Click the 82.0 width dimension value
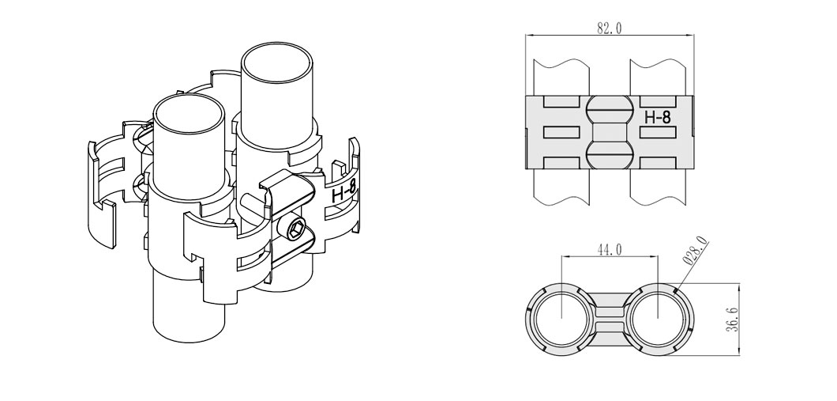pos(609,28)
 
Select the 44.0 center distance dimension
pos(610,250)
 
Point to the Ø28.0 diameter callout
pos(696,251)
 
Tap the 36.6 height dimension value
pos(732,320)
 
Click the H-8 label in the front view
pos(657,117)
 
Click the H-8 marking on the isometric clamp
pos(343,192)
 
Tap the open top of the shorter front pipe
pos(188,115)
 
